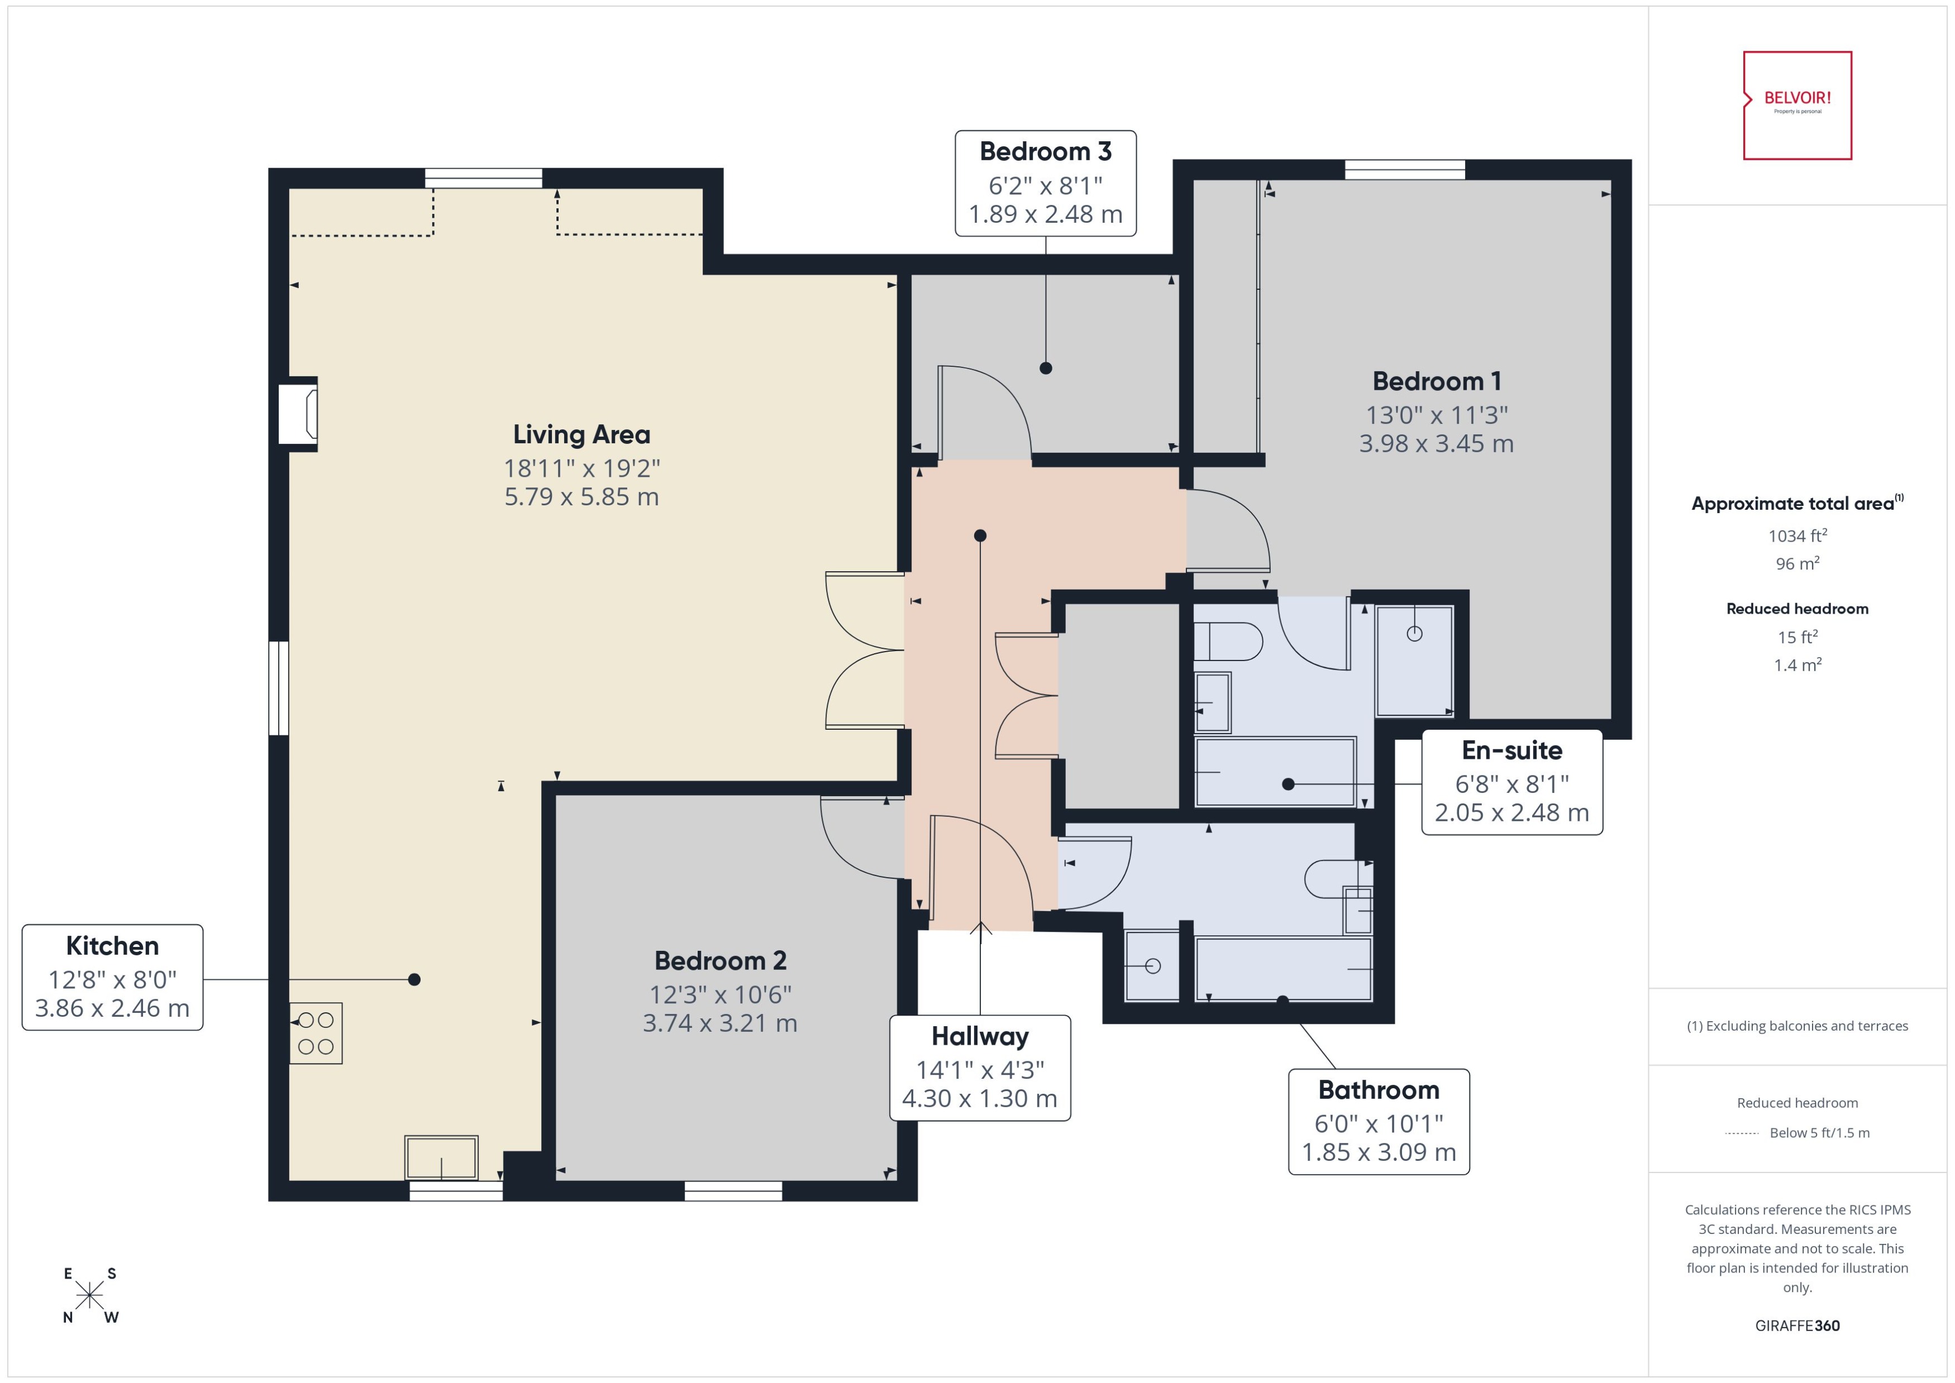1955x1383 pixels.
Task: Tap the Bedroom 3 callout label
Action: point(1045,183)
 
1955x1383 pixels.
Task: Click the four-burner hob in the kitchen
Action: point(315,1033)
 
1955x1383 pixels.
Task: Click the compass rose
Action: point(89,1295)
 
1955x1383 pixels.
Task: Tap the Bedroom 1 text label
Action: point(1436,381)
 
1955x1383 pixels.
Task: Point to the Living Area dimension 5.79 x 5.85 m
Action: point(581,496)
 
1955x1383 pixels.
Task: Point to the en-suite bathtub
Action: point(1274,772)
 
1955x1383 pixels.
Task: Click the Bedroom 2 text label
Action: point(720,960)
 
